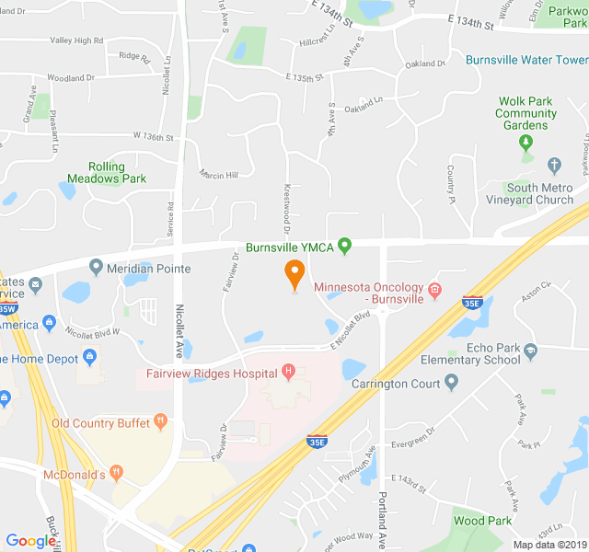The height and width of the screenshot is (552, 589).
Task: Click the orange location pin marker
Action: [x=294, y=273]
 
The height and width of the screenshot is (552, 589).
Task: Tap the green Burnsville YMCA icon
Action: [x=345, y=246]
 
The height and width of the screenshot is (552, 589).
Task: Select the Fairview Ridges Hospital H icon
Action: [x=289, y=372]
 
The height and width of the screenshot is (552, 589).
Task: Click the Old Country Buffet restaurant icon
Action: [x=161, y=422]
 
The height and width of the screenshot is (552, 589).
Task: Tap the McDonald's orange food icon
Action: [x=116, y=473]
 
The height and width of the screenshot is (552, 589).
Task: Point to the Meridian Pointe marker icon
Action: [x=97, y=268]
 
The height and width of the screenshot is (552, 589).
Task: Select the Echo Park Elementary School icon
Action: [x=530, y=350]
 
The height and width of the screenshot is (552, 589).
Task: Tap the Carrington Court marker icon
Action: [x=450, y=383]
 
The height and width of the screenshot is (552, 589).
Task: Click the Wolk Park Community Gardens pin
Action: [x=525, y=143]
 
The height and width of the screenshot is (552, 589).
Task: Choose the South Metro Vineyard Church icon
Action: [x=554, y=166]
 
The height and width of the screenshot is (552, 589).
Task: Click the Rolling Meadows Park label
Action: [x=106, y=172]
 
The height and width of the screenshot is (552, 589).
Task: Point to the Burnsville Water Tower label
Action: [x=526, y=60]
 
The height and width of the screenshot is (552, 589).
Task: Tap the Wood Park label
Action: [x=482, y=521]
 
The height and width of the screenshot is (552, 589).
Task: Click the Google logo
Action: [x=30, y=541]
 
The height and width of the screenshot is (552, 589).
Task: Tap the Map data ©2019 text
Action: [x=548, y=545]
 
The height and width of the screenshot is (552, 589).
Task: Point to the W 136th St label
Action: [x=153, y=137]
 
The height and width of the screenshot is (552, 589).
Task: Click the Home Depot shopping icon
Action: [x=89, y=356]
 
